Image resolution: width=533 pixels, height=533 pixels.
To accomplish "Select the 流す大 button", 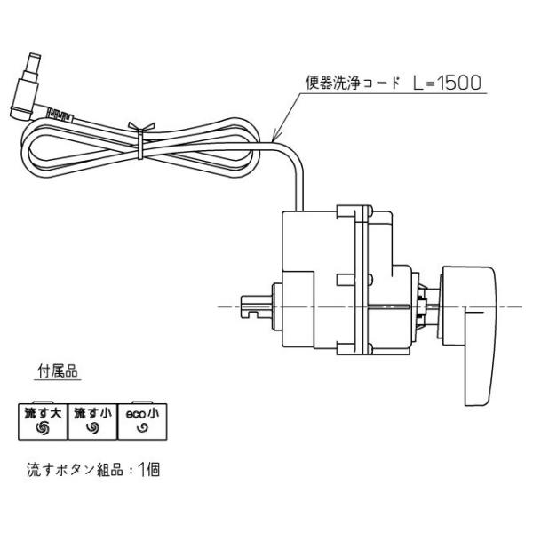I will coord(41,418).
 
